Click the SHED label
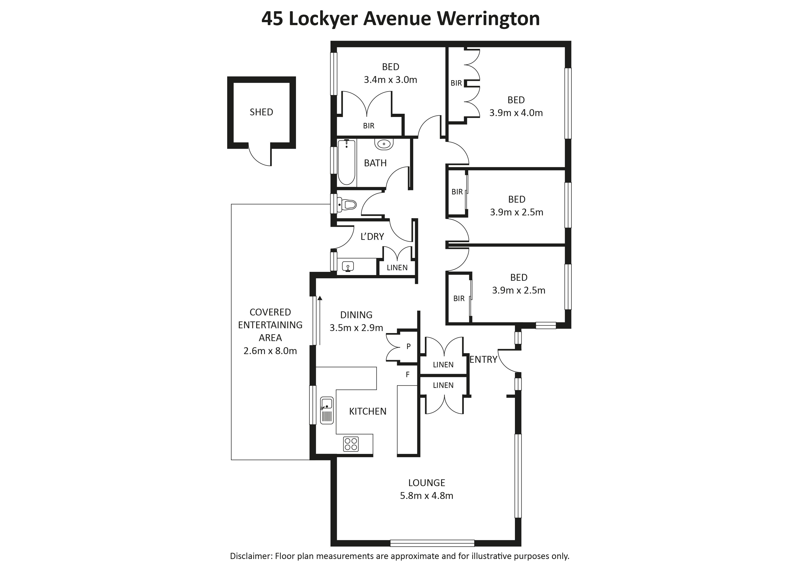[261, 112]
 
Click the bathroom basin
[384, 143]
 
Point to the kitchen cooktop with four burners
[351, 444]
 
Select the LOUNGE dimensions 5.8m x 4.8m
[426, 496]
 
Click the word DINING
[356, 315]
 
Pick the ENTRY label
[483, 360]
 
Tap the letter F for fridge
[407, 375]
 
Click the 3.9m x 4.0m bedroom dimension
[516, 113]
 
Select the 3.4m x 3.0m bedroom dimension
[391, 80]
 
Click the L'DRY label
[372, 237]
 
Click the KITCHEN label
[368, 411]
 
